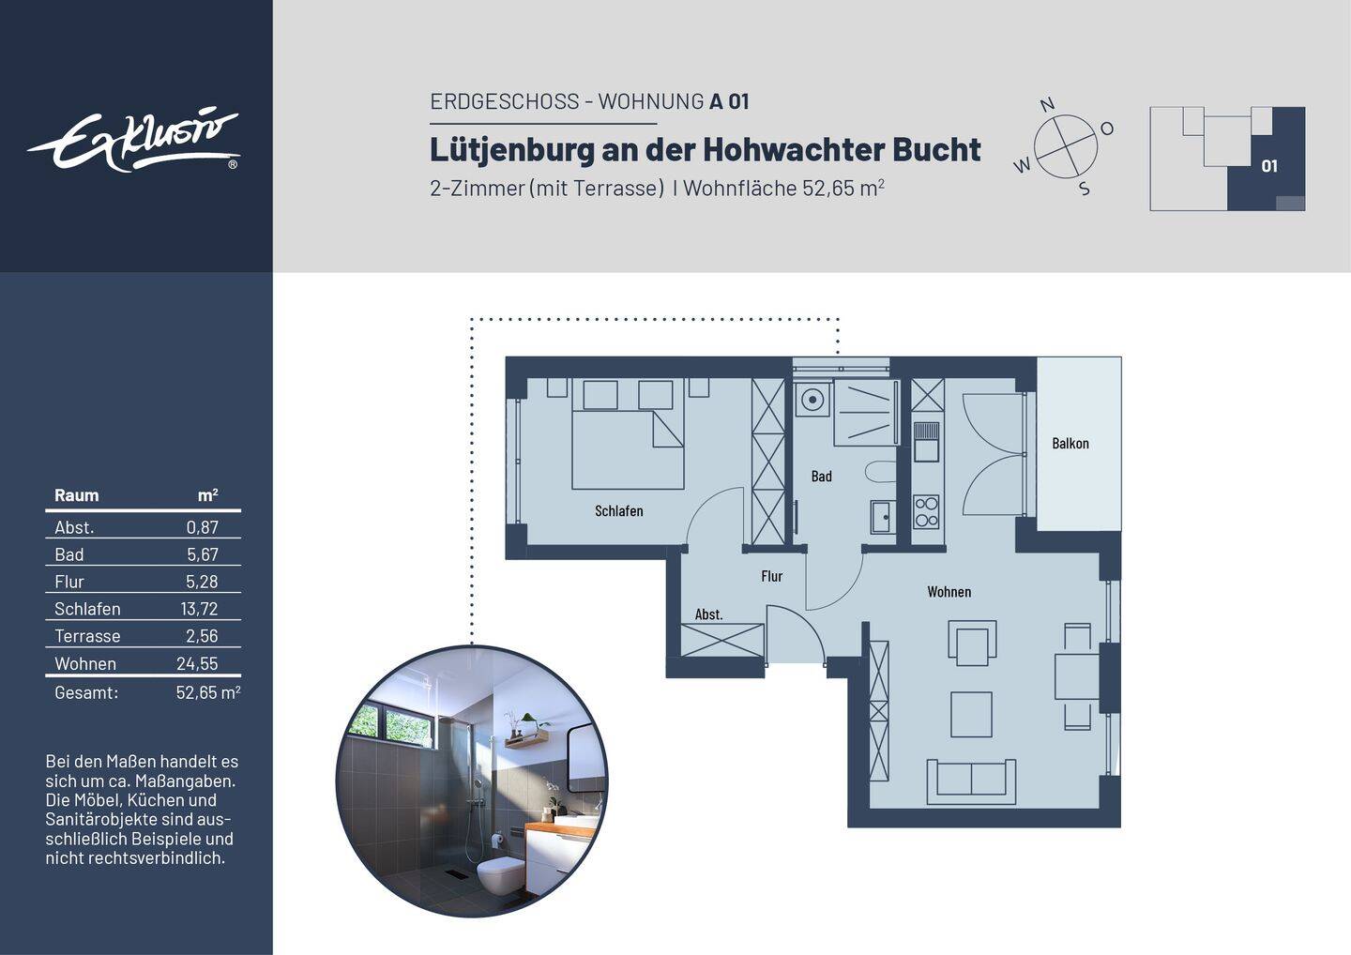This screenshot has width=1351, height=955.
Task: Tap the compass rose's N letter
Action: coord(1048,104)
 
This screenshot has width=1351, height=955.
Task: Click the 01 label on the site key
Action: coord(1269,166)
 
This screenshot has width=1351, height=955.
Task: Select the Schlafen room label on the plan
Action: coord(618,511)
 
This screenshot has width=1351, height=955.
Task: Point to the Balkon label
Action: coord(1070,444)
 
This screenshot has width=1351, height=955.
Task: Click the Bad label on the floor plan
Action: coord(821,477)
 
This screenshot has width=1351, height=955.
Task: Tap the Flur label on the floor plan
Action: coord(771,577)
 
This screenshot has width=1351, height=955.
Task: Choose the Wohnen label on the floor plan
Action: coord(949,592)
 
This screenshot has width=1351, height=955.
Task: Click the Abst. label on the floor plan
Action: coord(708,615)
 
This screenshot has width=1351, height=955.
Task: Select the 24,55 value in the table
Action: coord(197,664)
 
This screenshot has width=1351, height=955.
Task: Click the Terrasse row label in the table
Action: coord(87,636)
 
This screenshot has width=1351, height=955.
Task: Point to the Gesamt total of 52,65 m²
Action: coord(207,693)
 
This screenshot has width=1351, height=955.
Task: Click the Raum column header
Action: coord(76,495)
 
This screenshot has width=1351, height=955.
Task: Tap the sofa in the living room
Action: coord(971,781)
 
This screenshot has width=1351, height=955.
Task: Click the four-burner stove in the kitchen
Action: coord(926,511)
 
